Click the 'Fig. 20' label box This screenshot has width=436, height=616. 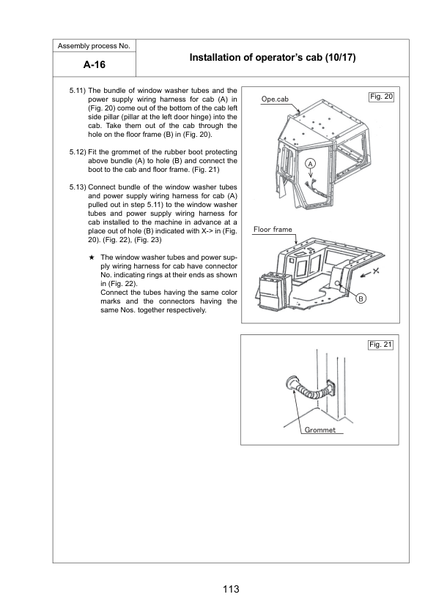pos(381,97)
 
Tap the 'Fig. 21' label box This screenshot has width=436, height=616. pos(380,345)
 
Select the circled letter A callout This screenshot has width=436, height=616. pos(311,164)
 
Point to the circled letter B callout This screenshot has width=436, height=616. pos(361,298)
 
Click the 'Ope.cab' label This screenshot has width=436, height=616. pos(275,99)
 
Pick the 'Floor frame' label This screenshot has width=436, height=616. pos(273,230)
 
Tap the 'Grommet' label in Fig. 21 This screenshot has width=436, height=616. pos(320,429)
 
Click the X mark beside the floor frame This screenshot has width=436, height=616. pos(376,270)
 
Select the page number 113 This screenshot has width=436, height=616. pos(231,589)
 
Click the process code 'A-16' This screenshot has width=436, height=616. pos(95,64)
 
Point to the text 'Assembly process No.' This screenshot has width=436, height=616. pos(94,46)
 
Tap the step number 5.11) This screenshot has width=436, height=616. pos(78,91)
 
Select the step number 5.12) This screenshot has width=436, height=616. pos(78,152)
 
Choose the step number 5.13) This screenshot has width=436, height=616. pos(78,187)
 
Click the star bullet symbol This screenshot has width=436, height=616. pos(92,258)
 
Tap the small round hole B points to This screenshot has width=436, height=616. pos(337,283)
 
